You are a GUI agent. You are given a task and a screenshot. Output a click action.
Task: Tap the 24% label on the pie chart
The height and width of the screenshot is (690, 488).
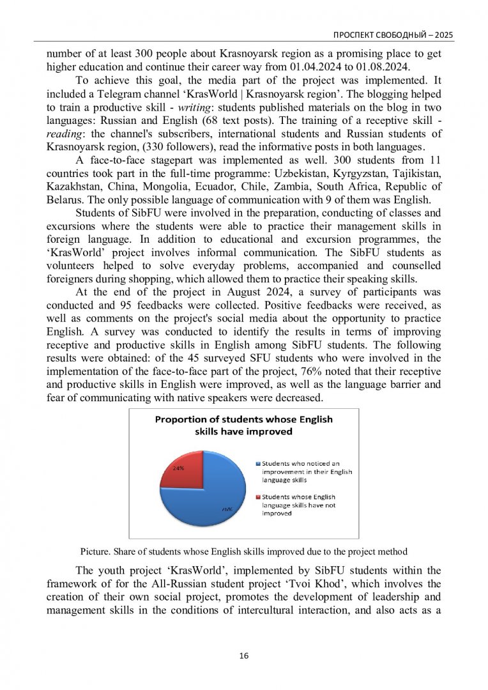tap(179, 468)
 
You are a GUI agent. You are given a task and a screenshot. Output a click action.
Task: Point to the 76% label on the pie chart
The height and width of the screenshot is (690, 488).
tap(226, 509)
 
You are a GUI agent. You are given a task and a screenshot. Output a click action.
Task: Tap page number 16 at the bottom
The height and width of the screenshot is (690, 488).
tap(243, 655)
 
